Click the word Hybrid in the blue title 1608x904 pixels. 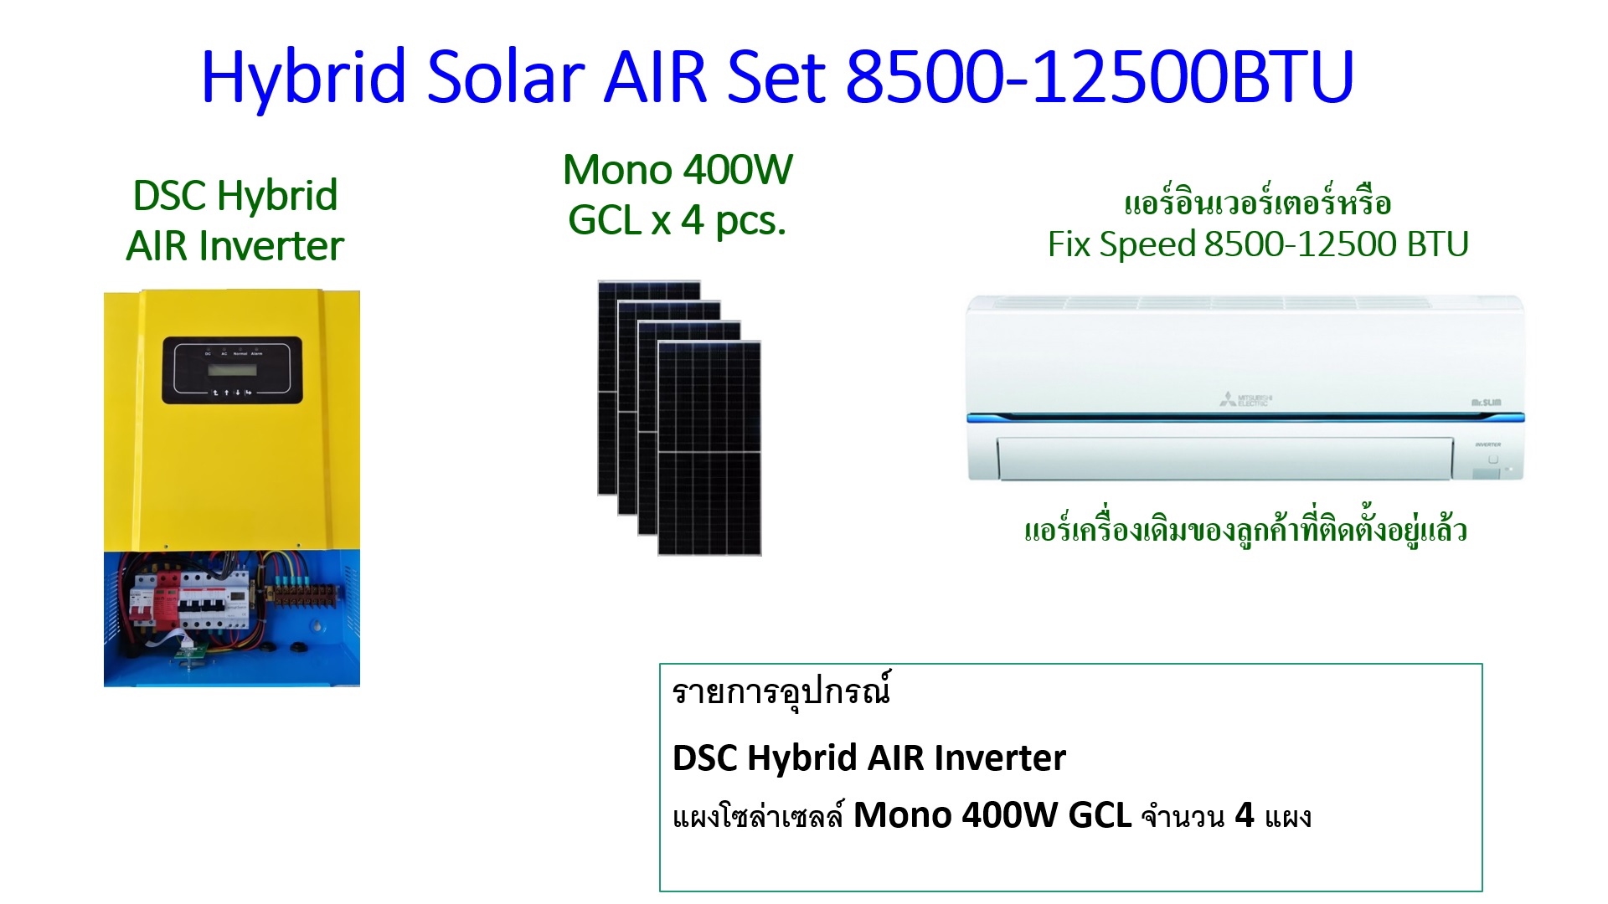(x=304, y=77)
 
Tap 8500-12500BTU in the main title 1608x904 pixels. (x=1100, y=77)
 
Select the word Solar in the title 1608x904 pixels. (x=506, y=77)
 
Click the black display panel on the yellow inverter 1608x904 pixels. (x=232, y=370)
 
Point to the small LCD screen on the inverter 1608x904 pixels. (x=232, y=370)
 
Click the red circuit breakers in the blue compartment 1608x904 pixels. (x=156, y=598)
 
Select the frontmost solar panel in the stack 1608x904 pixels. (x=709, y=448)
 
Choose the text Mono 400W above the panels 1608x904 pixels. (x=678, y=170)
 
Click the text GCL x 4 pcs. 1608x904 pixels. (x=678, y=221)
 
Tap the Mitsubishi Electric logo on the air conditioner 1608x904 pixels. (x=1245, y=399)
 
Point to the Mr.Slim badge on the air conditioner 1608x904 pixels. (x=1487, y=403)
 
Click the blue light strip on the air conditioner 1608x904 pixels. (x=1245, y=417)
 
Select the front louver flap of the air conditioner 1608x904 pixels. (x=1225, y=459)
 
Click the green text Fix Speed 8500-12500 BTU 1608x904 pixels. (x=1258, y=244)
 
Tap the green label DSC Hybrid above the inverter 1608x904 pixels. (x=235, y=196)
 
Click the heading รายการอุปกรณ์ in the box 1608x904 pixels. (x=781, y=692)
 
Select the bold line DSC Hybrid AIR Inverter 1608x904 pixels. (x=869, y=758)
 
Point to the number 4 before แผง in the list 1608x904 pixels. (x=1245, y=815)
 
